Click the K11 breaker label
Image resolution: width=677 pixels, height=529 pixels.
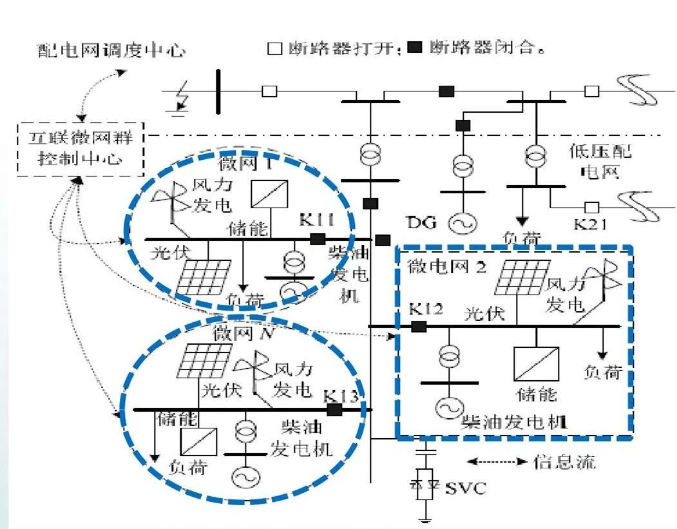(316, 220)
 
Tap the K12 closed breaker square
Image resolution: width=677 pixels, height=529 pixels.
(419, 327)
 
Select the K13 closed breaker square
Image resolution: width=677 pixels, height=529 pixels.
(334, 409)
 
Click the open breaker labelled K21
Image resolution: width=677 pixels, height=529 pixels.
(590, 207)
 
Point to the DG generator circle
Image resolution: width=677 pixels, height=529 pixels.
(461, 223)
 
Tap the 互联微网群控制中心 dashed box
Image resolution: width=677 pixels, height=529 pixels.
(81, 149)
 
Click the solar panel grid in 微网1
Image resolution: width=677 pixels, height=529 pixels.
(204, 276)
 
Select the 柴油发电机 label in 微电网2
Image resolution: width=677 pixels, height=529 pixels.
(513, 422)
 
